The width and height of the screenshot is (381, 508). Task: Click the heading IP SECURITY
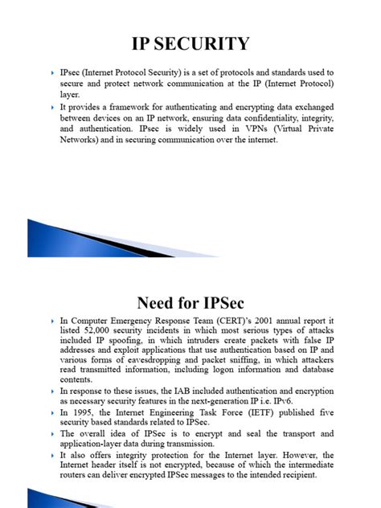pos(190,43)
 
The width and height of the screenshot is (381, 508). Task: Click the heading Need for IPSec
pos(190,303)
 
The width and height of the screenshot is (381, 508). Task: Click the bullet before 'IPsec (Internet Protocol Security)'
pos(51,72)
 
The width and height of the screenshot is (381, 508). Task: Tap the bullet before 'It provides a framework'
pos(51,105)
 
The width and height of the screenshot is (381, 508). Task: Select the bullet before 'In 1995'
pos(51,412)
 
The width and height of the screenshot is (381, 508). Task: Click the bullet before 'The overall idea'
pos(51,434)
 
